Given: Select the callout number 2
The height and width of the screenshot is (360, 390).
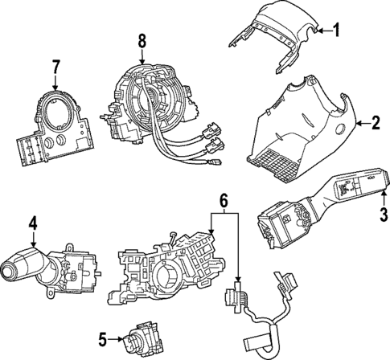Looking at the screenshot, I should (375, 123).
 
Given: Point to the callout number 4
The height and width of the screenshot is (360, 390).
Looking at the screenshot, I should (33, 223).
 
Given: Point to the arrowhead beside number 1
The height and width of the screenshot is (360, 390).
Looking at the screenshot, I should (319, 31).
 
